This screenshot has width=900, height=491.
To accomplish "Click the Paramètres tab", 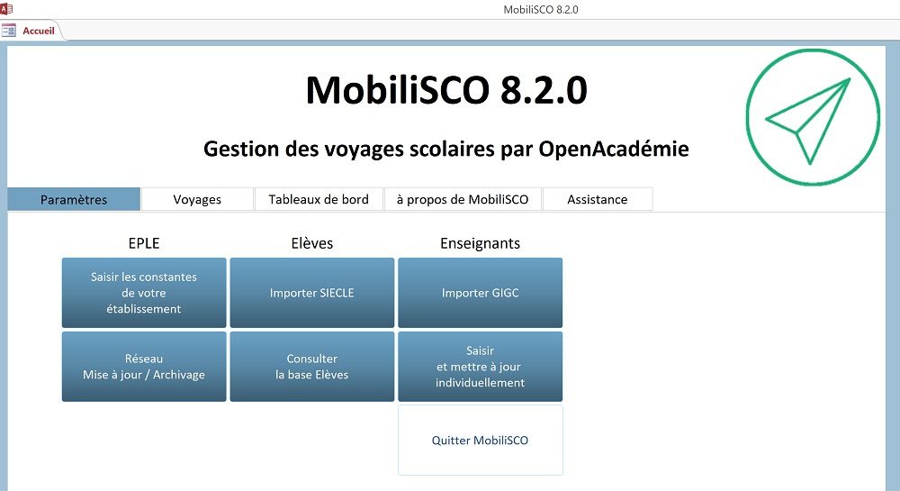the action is (x=74, y=199).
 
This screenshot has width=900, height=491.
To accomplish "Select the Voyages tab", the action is (x=197, y=199).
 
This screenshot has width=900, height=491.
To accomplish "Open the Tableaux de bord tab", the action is (x=319, y=199).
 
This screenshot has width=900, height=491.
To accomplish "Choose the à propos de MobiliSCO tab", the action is (x=463, y=199).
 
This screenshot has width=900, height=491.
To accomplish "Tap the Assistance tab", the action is (x=598, y=199).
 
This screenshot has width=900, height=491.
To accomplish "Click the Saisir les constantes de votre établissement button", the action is (x=144, y=293).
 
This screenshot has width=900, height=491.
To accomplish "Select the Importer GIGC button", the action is (x=481, y=293).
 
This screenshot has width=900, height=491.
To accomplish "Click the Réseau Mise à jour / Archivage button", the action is (x=144, y=367).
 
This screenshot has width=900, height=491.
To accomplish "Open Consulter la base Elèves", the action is (x=312, y=367).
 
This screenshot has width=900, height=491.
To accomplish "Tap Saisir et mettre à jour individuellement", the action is (x=481, y=367).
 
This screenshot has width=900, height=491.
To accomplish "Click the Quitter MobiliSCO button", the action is (x=481, y=441).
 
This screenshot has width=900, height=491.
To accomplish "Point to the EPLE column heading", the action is (x=144, y=243).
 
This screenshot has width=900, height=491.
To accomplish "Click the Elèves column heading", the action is (x=312, y=243).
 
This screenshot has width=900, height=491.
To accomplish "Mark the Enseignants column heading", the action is (x=481, y=243).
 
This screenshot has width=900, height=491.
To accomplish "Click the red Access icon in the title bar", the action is (x=6, y=9).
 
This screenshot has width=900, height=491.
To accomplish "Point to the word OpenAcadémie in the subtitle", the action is (x=614, y=149).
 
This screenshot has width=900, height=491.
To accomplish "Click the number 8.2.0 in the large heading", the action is (x=544, y=90).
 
